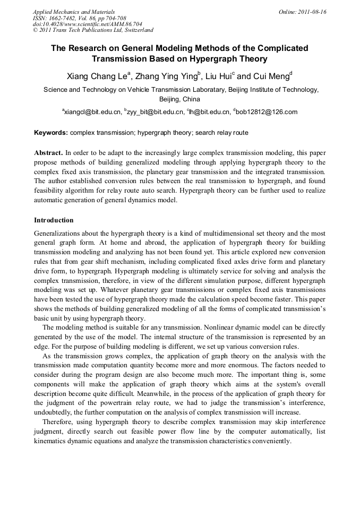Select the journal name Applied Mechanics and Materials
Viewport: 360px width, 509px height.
click(73, 12)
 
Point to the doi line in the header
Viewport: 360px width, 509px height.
click(87, 24)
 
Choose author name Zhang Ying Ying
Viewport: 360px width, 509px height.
click(167, 76)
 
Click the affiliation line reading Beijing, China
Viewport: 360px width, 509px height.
click(179, 99)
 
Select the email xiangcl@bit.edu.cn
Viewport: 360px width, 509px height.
click(92, 112)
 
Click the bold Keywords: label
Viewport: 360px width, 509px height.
click(50, 132)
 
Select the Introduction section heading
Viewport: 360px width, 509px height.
click(54, 220)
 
